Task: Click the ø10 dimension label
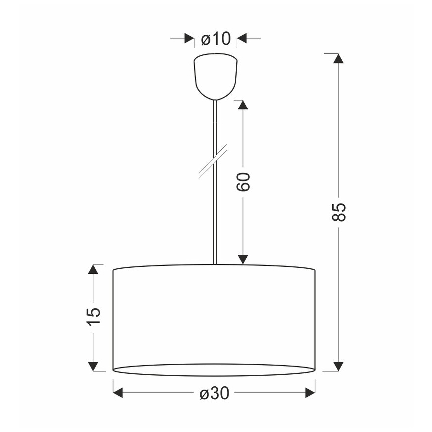click(x=216, y=39)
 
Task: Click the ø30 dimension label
click(x=215, y=393)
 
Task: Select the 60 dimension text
click(x=243, y=182)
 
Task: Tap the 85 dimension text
click(x=338, y=212)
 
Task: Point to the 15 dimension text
click(x=94, y=317)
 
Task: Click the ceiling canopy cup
click(x=216, y=77)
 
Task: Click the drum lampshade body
click(x=214, y=320)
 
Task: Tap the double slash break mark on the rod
click(x=213, y=161)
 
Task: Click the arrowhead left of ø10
click(x=189, y=39)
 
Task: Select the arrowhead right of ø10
click(x=241, y=39)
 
